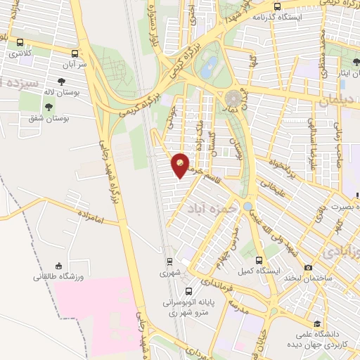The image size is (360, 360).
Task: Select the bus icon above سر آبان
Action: tap(75, 53)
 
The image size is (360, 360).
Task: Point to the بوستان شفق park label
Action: tap(67, 120)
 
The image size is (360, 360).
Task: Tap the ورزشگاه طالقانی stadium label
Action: tap(58, 277)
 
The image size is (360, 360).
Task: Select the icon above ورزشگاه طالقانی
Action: tap(58, 266)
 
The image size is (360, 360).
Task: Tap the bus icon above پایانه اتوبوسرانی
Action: tap(188, 291)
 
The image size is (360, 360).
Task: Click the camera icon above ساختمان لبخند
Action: tap(308, 267)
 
